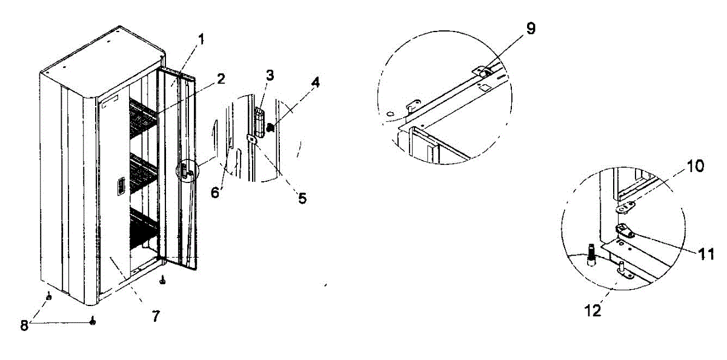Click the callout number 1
(x=201, y=41)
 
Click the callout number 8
(x=24, y=325)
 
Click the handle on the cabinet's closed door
(x=121, y=185)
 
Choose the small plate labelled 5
(x=251, y=139)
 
